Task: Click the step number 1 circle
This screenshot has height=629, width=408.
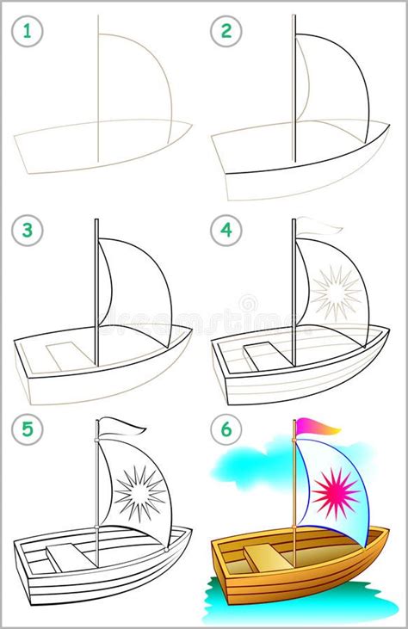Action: coord(27,33)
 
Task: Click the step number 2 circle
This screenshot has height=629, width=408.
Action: coord(226,33)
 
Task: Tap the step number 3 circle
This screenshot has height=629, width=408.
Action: coord(27,231)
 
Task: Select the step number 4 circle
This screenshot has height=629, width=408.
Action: coord(226,231)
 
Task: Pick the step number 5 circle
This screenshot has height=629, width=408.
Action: coord(27,429)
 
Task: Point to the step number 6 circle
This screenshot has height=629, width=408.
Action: coord(226,429)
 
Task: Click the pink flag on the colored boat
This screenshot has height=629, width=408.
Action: coord(316,426)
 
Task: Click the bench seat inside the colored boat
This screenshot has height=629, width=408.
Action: coord(262,558)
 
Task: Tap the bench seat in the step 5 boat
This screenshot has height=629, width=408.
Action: coord(65,558)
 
